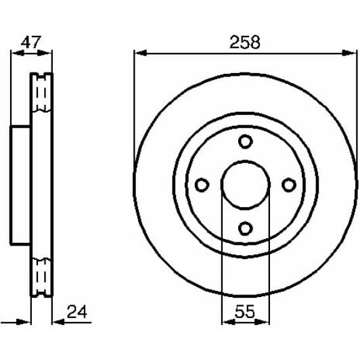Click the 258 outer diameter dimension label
[244, 42]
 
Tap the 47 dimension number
[31, 42]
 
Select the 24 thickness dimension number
[77, 312]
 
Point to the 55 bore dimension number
[244, 312]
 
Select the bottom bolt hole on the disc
[246, 227]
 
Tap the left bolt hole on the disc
[202, 185]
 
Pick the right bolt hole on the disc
[289, 185]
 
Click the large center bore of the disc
[245, 185]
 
